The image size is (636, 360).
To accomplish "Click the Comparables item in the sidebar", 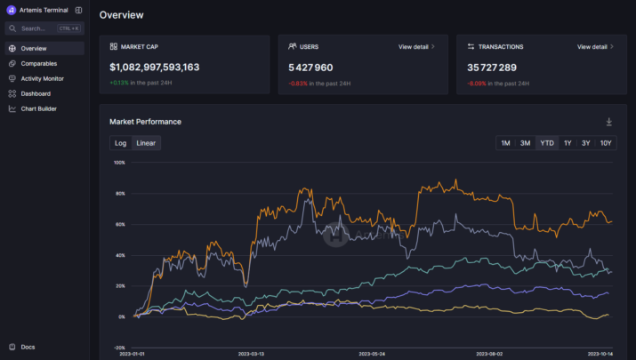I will click(x=38, y=63).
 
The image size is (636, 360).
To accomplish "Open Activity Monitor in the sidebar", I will click(x=42, y=78).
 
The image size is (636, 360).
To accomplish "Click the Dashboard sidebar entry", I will click(x=36, y=93).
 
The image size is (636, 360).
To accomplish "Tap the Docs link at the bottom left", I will click(x=28, y=347).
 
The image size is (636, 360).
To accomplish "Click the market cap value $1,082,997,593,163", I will click(x=154, y=67).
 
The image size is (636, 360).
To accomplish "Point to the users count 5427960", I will click(x=310, y=67).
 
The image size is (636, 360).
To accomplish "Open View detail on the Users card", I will click(x=416, y=46).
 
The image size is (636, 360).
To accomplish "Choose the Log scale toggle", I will click(x=121, y=143).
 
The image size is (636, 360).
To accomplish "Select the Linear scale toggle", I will click(x=146, y=143).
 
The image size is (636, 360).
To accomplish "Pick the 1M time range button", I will click(x=505, y=143).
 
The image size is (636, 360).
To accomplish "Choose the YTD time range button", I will click(x=547, y=143).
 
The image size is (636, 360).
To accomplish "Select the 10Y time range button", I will click(x=606, y=143).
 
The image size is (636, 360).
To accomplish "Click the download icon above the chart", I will click(x=609, y=122).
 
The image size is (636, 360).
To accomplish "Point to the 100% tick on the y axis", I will click(x=119, y=163).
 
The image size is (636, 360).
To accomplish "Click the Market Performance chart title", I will click(x=145, y=122).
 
